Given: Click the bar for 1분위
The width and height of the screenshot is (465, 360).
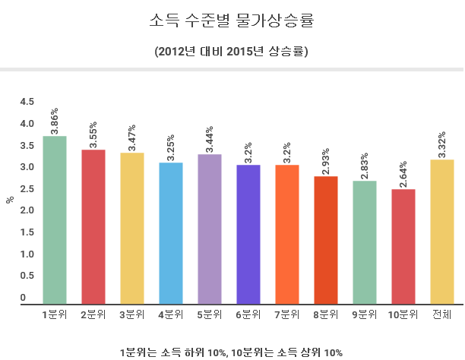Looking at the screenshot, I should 55,220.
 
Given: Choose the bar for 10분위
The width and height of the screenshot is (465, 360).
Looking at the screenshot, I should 403,247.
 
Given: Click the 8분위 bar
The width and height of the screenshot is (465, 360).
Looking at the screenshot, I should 326,240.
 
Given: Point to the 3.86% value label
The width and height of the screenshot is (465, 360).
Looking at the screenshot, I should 55,121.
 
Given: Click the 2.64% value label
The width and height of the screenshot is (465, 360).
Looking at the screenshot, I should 403,174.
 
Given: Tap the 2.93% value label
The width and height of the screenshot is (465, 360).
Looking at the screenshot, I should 326,161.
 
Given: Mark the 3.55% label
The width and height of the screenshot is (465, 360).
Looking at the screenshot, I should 93,134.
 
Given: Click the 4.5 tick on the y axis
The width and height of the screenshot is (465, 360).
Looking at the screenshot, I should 27,102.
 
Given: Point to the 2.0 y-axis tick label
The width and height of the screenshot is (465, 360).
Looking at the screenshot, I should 27,210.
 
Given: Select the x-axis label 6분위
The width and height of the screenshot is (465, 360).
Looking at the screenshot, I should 248,314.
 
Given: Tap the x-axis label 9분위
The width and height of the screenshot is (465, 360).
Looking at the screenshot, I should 365,314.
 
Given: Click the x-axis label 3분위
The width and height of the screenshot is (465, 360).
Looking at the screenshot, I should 132,314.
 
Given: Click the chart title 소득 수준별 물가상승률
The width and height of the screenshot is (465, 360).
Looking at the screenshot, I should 232,21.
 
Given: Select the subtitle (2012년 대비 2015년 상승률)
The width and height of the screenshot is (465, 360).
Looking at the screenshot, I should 232,52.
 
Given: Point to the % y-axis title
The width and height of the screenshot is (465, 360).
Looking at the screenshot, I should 10,200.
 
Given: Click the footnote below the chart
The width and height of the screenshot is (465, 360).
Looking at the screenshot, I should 232,352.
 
